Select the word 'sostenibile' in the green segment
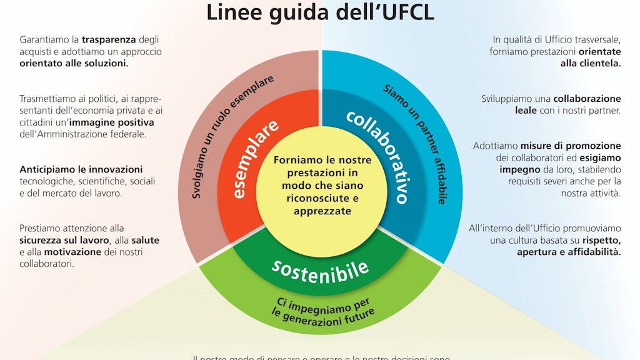click(320, 269)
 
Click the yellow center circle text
click(322, 186)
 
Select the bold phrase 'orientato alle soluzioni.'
click(74, 63)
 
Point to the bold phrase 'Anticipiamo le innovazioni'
click(81, 169)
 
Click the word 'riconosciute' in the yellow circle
click(322, 199)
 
